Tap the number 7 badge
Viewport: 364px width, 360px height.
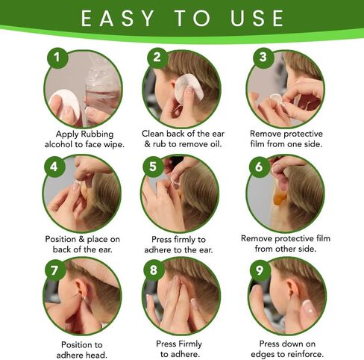[54, 270]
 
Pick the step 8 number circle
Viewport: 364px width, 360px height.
[157, 270]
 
